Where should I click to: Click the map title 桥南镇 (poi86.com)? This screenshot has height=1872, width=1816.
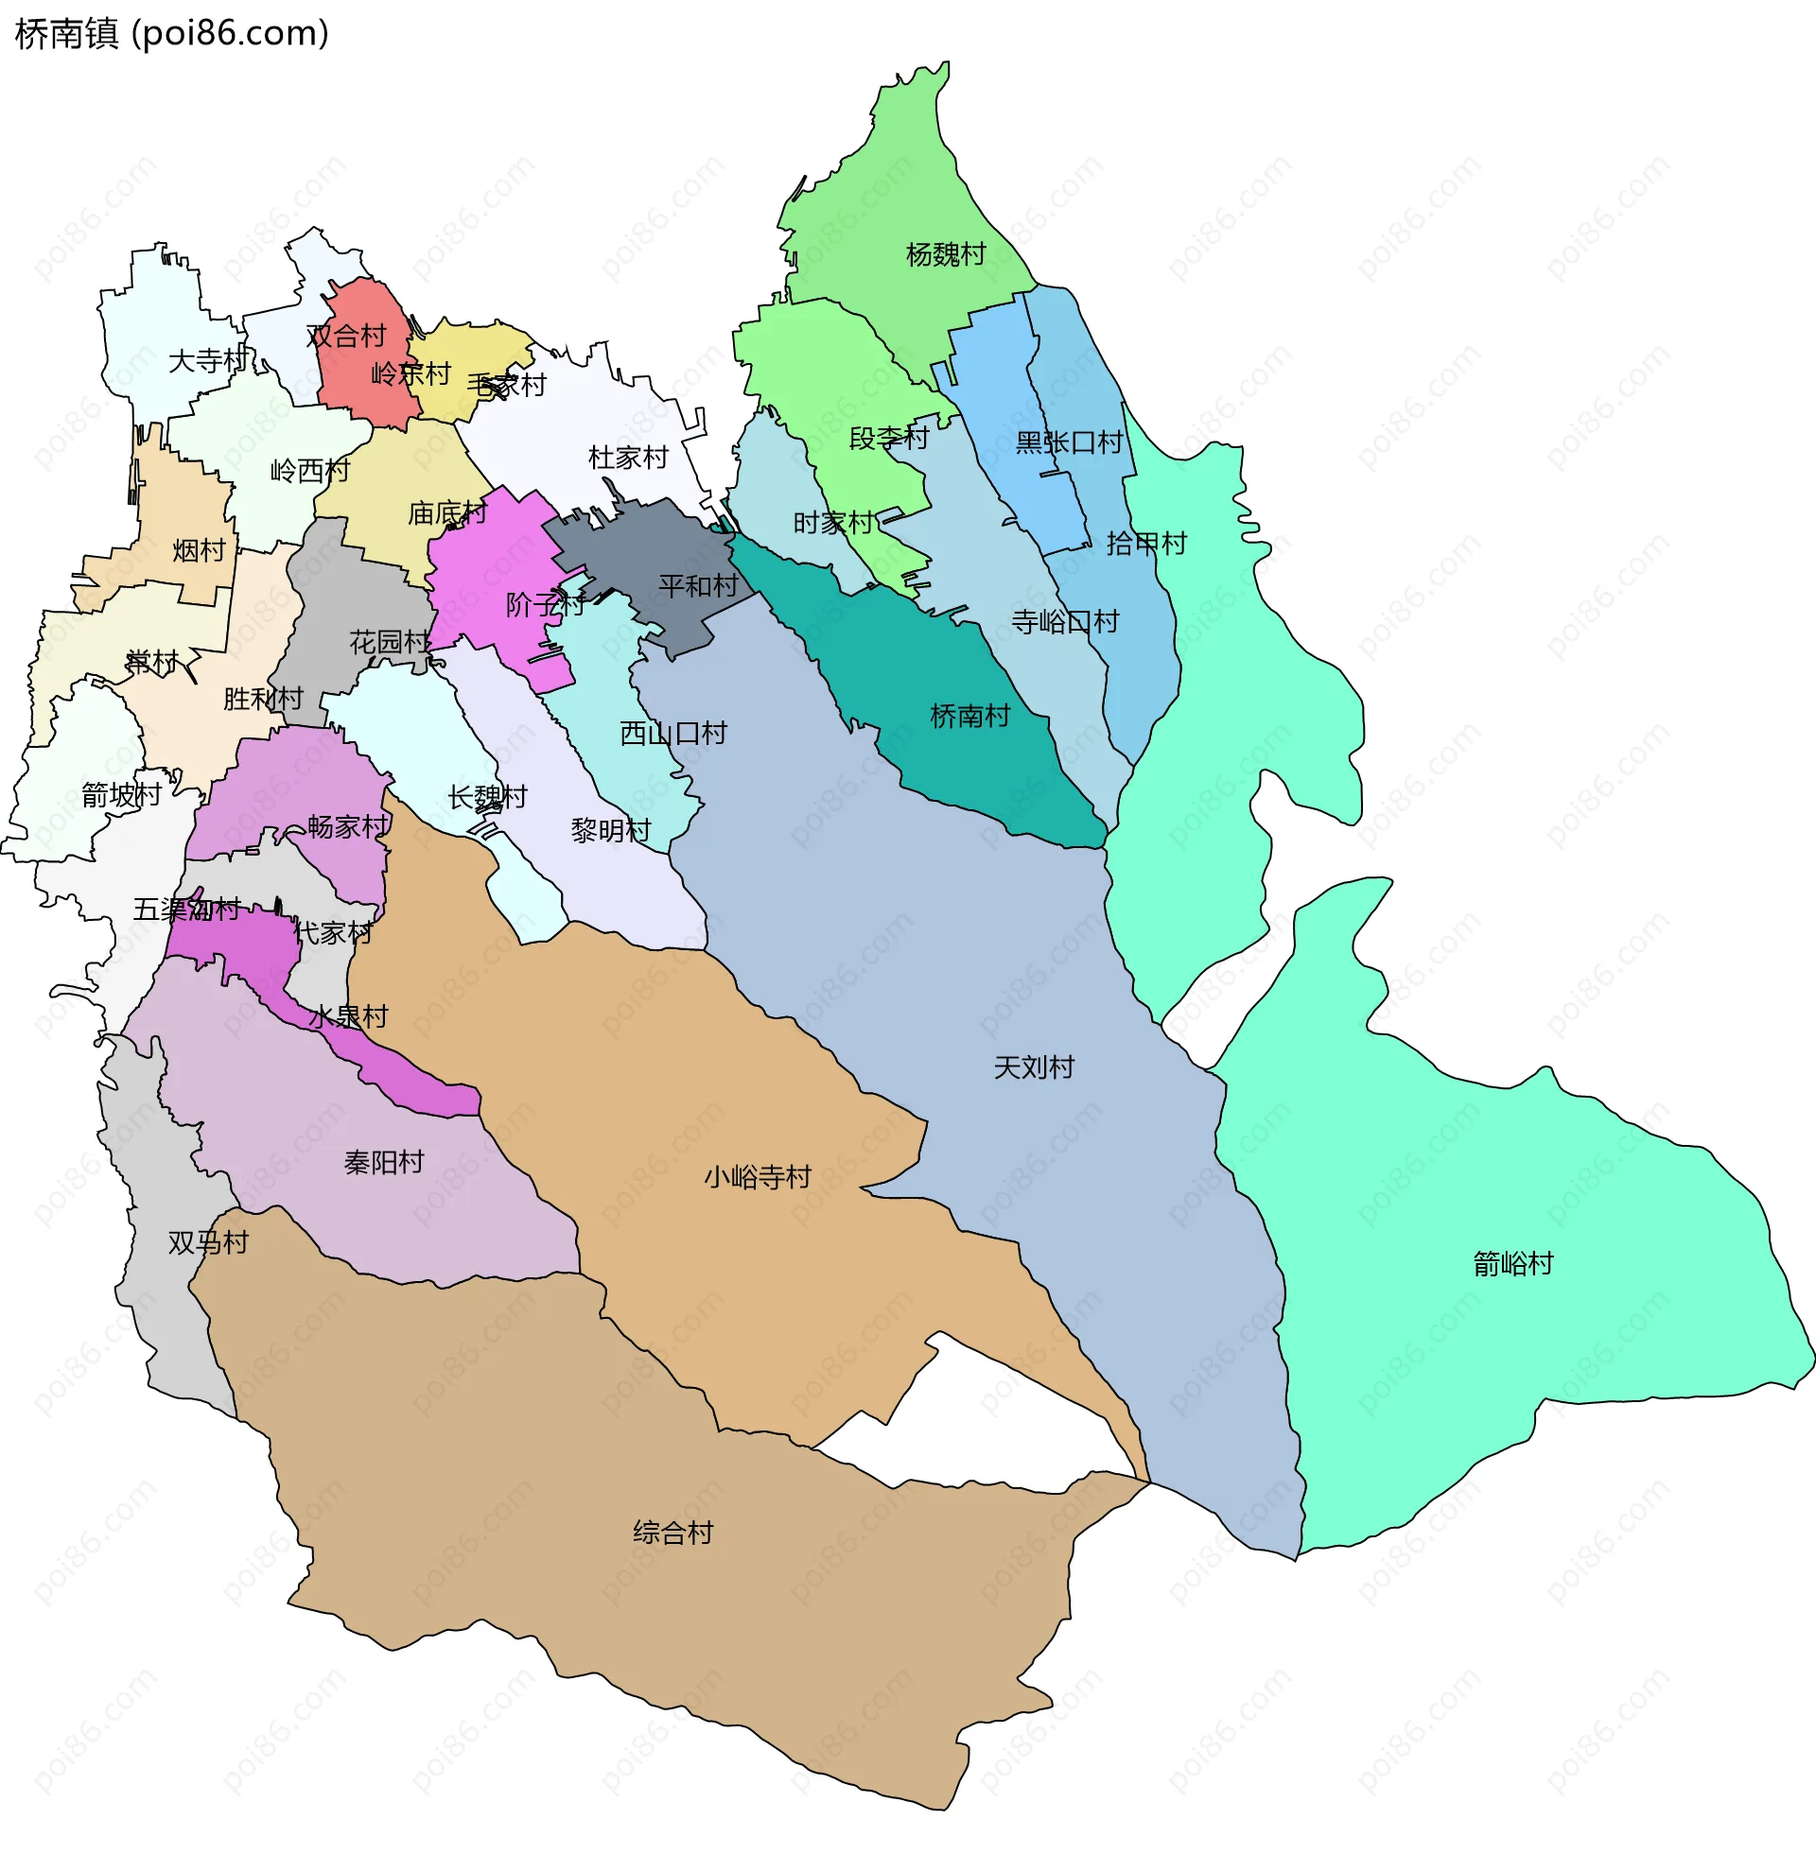pos(172,33)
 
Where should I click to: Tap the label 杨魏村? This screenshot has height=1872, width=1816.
pos(945,254)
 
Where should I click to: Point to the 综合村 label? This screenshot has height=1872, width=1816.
pos(672,1533)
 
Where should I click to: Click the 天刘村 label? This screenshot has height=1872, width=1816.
pos(1034,1066)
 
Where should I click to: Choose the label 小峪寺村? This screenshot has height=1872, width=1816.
pos(758,1177)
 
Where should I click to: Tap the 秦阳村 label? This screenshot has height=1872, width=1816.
pos(383,1162)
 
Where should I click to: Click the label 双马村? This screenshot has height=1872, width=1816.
pos(207,1242)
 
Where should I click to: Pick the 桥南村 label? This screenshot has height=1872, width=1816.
pos(969,716)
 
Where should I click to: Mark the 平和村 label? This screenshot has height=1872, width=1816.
pos(697,585)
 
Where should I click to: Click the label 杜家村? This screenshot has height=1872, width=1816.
pos(628,458)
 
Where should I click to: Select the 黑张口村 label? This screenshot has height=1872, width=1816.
pos(1068,442)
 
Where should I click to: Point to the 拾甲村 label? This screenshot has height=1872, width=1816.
pos(1145,544)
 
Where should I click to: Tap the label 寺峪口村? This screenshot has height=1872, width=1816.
pos(1064,622)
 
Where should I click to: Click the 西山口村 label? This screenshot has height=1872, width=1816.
pos(672,733)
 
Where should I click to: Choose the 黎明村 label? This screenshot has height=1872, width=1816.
pos(610,830)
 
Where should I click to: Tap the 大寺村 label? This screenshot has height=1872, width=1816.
pos(207,360)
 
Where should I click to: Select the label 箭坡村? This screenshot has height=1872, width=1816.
pos(121,794)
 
